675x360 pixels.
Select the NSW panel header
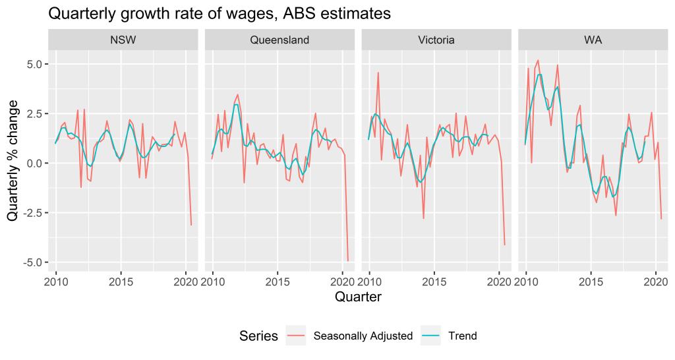tap(123, 40)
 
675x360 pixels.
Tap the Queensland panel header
tap(279, 40)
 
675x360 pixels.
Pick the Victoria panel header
tap(436, 40)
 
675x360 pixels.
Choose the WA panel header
tap(593, 40)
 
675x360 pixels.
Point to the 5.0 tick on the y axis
tap(34, 64)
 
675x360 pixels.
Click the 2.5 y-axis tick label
tap(34, 113)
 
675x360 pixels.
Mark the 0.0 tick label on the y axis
tap(34, 163)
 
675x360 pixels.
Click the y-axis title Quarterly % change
tap(13, 163)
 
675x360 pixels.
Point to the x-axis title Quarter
tap(358, 297)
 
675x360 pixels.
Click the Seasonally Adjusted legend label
tap(363, 336)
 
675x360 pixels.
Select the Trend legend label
tap(462, 336)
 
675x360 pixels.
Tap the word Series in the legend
tap(259, 336)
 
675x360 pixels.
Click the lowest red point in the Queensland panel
tap(347, 260)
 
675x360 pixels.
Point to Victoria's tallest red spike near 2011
tap(378, 73)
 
